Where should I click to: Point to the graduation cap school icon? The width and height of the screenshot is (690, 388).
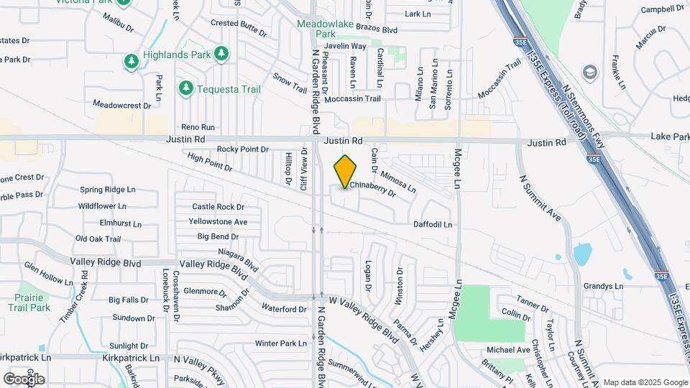589,72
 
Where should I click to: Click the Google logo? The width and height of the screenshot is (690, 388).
24,379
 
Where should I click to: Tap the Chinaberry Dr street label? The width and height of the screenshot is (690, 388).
373,189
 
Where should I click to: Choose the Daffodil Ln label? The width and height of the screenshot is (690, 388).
432,225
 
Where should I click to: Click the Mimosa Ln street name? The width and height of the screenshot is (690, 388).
398,182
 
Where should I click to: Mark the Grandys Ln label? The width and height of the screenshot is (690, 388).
603,286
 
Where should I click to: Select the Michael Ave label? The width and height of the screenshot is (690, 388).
508,350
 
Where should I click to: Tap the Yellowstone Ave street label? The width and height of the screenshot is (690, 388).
218,221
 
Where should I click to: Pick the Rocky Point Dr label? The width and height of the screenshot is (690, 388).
243,149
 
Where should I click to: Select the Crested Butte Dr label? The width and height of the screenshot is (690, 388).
239,23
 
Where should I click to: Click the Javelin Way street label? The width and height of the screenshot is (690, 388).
345,46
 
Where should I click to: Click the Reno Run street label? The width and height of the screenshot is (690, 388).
198,126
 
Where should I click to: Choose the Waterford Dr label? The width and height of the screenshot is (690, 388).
284,309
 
